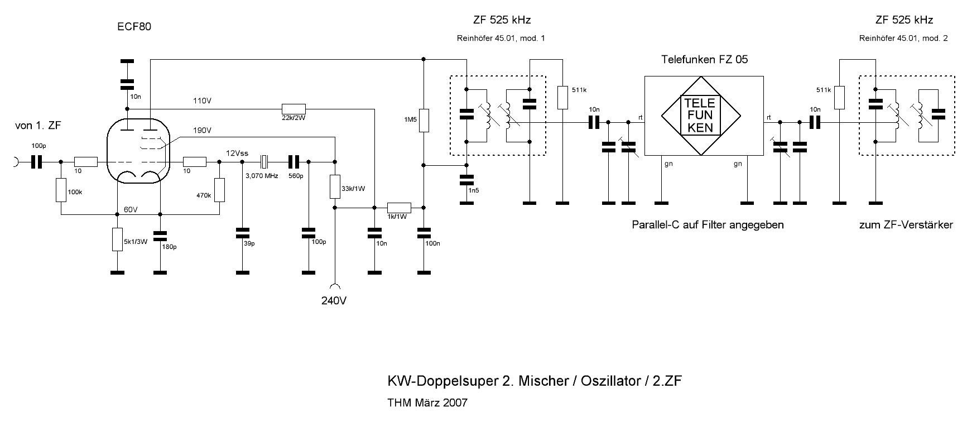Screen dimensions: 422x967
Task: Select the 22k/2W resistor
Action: click(294, 108)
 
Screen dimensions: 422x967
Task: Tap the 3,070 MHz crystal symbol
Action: click(265, 162)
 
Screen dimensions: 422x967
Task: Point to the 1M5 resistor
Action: click(424, 121)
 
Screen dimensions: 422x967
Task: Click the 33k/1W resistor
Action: click(335, 186)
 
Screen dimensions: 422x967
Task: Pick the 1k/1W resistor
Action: click(399, 208)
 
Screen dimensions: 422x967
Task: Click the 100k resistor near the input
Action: click(60, 190)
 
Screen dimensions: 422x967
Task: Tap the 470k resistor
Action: click(219, 190)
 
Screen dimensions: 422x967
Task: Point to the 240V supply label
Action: click(334, 300)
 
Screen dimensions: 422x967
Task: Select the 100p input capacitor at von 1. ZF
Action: click(37, 162)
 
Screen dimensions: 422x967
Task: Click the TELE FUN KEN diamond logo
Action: click(702, 117)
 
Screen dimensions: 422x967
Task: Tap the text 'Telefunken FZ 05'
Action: click(704, 59)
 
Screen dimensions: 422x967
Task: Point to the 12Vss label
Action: click(237, 153)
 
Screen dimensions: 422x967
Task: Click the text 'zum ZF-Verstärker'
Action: click(906, 226)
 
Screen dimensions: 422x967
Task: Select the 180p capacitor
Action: click(160, 238)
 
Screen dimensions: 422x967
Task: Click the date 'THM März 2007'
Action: click(427, 402)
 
